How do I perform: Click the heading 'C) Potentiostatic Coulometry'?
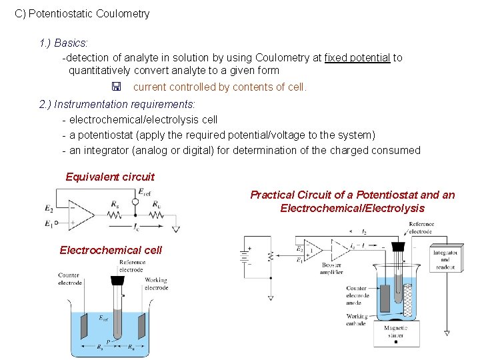tap(83, 13)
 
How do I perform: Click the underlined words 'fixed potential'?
tap(357, 57)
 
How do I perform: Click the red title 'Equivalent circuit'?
tap(110, 177)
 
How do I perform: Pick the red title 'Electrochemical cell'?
tap(111, 250)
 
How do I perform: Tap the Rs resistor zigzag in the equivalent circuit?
tap(115, 215)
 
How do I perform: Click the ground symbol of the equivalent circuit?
tap(176, 229)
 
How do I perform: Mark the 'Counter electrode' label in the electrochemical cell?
tap(69, 279)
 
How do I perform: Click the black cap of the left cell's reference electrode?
tap(120, 281)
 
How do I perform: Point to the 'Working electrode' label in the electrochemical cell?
tap(156, 284)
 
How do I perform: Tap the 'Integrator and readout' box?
tap(445, 259)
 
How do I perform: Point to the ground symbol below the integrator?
tap(447, 332)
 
